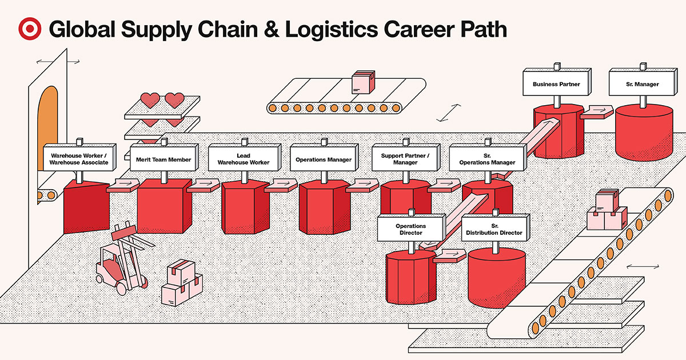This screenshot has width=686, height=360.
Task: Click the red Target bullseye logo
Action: point(29,29)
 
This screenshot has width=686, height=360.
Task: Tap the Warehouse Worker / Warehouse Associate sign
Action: point(79,159)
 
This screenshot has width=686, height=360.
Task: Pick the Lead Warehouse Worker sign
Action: point(244,159)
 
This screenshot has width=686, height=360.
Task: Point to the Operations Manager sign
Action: point(324,159)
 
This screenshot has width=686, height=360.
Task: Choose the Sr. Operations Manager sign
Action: point(487,159)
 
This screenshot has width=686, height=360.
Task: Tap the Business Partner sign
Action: point(556,85)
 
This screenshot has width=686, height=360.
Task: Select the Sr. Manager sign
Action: point(642,85)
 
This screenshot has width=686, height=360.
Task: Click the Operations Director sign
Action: point(409,229)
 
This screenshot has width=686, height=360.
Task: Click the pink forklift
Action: point(120,263)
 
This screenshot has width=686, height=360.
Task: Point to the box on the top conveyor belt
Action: point(362,82)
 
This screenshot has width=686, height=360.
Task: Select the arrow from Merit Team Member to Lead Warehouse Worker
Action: point(204,185)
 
